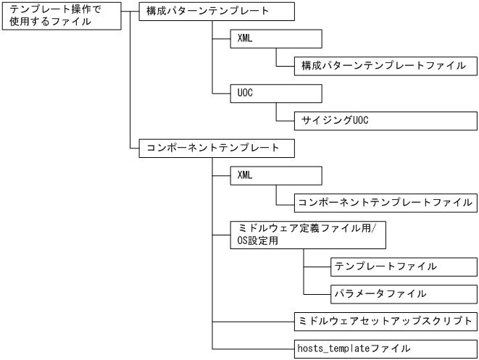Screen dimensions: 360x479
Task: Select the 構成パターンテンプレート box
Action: (x=217, y=12)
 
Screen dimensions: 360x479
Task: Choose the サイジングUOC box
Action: (x=386, y=120)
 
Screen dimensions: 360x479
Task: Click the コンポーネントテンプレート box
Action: (x=217, y=148)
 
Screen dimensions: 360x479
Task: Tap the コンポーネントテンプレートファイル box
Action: (x=385, y=202)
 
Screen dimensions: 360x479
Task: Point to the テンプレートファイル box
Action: (x=404, y=266)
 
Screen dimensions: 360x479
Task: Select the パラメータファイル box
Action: (x=404, y=293)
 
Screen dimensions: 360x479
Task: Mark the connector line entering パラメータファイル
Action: (x=317, y=293)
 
